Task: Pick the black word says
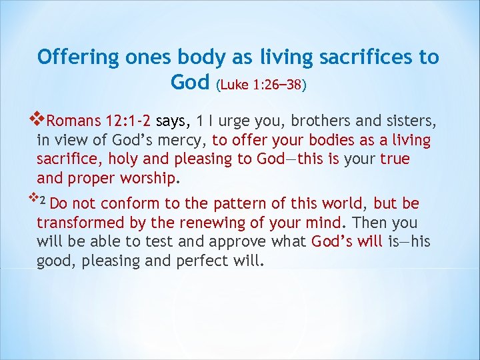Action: (173, 121)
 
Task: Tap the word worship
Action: (152, 179)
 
